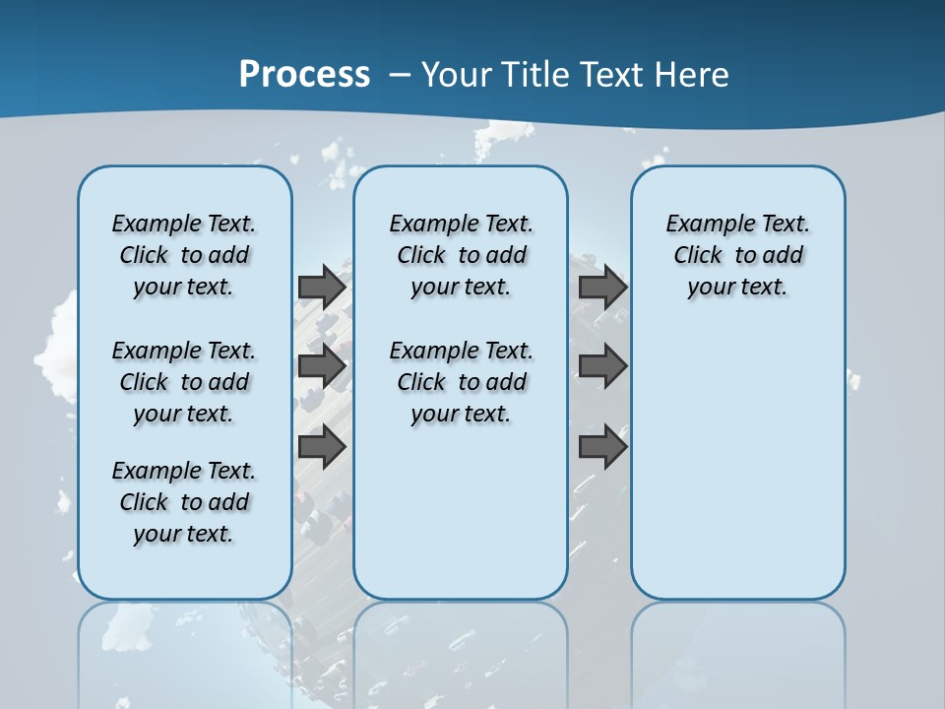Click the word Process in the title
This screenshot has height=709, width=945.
(304, 74)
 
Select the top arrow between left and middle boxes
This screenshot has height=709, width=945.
(322, 287)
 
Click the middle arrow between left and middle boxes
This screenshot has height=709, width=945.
(322, 366)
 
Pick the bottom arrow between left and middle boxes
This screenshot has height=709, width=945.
(322, 447)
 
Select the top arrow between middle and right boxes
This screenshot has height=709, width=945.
(602, 287)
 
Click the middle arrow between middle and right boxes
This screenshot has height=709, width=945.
(602, 366)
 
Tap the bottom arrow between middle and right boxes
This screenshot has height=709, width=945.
(602, 447)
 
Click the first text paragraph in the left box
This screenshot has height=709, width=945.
(184, 255)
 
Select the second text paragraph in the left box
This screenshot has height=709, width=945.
(184, 382)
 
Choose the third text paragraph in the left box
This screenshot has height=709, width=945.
(184, 502)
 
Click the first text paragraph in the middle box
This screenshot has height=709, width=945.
(461, 255)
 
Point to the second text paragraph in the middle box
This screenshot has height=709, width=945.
(461, 382)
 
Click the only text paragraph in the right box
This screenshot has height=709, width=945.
(737, 255)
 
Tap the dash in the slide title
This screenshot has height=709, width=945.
(400, 75)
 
